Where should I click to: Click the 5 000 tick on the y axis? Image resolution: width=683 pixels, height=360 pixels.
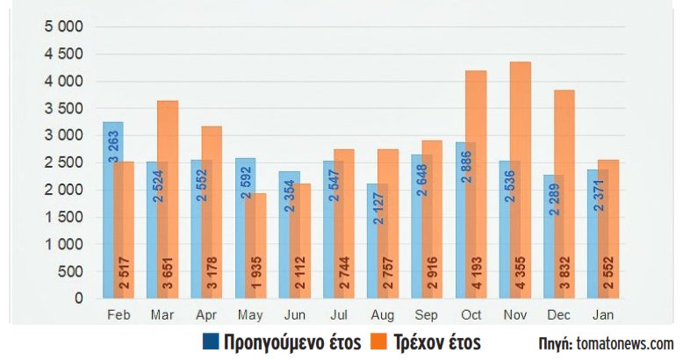62,27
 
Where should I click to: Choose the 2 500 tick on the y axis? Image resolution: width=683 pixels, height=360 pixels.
62,162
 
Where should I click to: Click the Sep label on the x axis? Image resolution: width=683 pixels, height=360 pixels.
426,314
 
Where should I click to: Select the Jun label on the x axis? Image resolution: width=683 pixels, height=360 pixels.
294,314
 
